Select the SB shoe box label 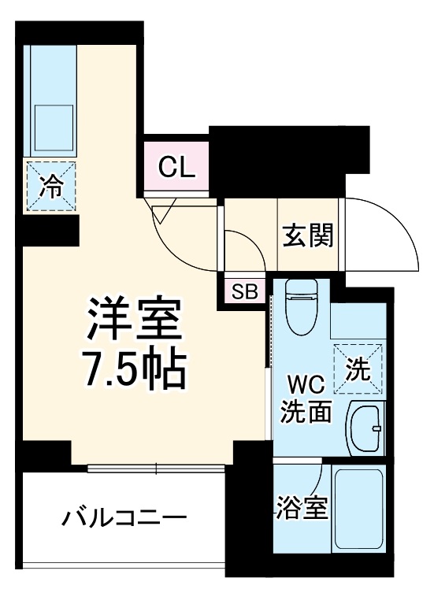pyautogui.click(x=243, y=291)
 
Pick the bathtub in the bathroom pyautogui.click(x=358, y=510)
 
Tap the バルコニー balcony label pyautogui.click(x=124, y=518)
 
